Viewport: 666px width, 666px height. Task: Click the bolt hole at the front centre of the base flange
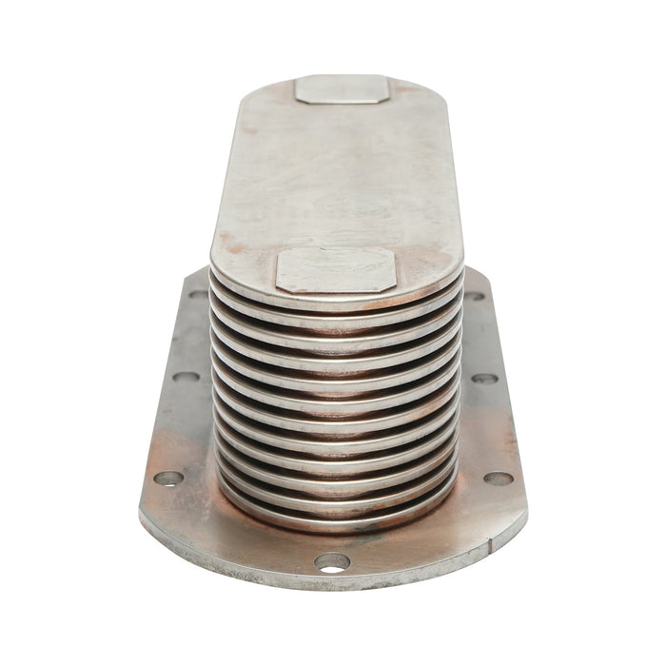pyautogui.click(x=332, y=561)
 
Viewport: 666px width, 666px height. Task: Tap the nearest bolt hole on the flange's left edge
pyautogui.click(x=168, y=478)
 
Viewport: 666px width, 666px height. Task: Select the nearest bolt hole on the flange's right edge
pyautogui.click(x=499, y=478)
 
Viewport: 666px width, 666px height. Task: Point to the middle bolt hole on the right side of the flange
pyautogui.click(x=484, y=378)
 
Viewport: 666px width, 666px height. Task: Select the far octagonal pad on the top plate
pyautogui.click(x=342, y=89)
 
